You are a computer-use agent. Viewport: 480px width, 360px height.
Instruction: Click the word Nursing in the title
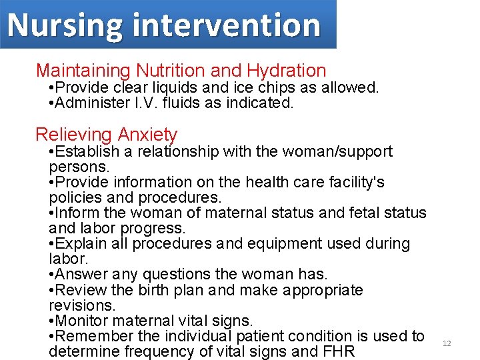coord(65,25)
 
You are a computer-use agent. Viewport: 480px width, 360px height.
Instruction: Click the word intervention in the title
coord(227,25)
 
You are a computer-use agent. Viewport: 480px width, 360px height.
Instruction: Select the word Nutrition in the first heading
coord(170,70)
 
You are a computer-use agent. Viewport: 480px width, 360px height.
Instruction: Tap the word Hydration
coord(287,70)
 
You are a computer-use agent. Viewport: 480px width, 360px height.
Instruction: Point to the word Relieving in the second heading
coord(74,135)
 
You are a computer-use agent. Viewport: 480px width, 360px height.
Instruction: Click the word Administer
coord(93,103)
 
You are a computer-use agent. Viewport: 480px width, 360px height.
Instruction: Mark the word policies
coord(72,197)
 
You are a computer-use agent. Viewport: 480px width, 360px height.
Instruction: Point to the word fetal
coord(348,213)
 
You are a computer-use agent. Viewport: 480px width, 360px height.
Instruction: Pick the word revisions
coord(81,305)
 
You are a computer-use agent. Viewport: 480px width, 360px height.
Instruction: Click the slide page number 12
coord(447,343)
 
